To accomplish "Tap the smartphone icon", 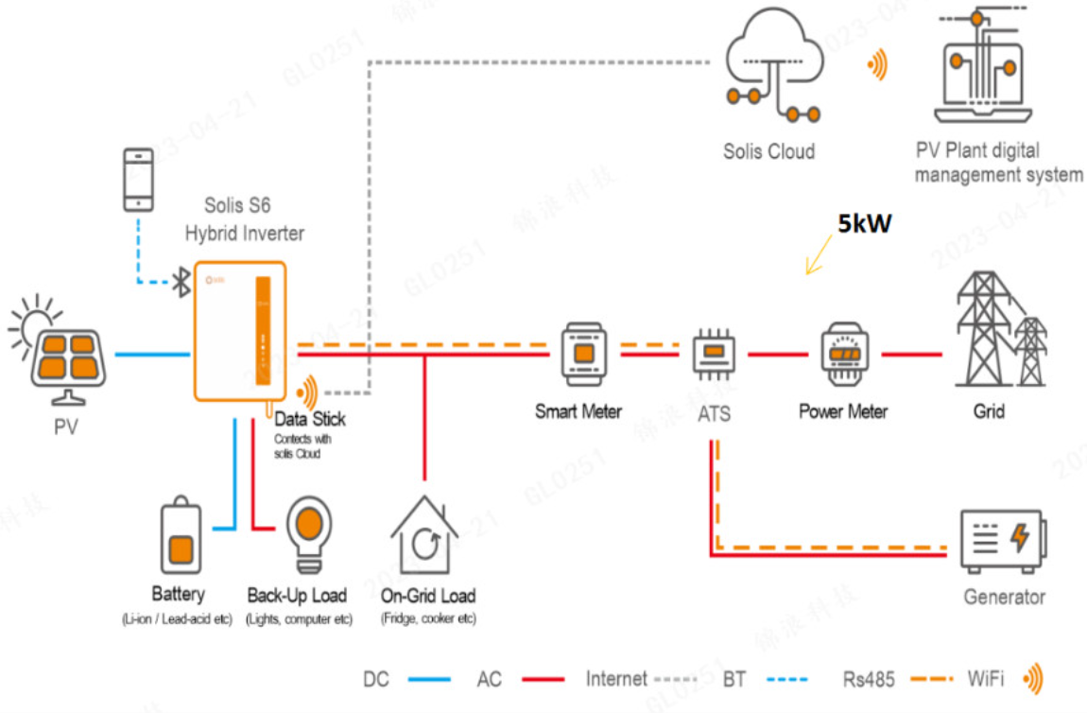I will [x=139, y=179].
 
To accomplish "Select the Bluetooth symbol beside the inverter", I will [x=181, y=281].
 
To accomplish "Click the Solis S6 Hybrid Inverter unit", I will [x=240, y=331].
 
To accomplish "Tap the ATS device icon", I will [x=714, y=356].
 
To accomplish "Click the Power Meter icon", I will [x=844, y=354].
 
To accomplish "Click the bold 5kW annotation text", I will [x=865, y=225].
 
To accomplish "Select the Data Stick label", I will [x=310, y=419].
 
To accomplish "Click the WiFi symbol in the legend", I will [x=1035, y=678].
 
